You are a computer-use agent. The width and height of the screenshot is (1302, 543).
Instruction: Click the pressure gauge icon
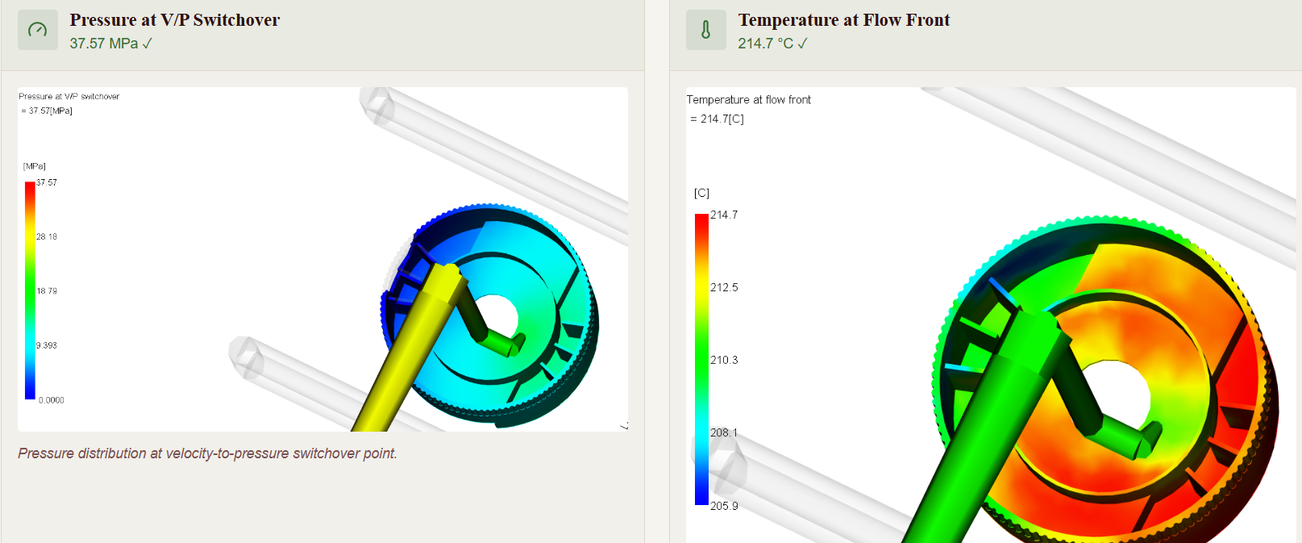38,30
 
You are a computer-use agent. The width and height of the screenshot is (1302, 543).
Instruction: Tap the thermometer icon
705,30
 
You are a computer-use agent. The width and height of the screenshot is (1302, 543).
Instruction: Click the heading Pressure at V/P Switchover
174,20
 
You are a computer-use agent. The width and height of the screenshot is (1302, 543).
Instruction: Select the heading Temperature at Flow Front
843,20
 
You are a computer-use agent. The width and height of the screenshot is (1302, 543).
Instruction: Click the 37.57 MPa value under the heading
110,44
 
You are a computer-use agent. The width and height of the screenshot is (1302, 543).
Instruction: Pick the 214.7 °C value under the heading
772,44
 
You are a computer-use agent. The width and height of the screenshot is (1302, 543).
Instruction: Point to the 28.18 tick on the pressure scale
47,236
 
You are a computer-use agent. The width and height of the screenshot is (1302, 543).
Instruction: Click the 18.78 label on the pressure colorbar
47,291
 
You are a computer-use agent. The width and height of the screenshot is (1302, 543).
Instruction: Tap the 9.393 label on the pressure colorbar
47,345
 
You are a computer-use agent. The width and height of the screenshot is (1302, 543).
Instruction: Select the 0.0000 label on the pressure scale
51,400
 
